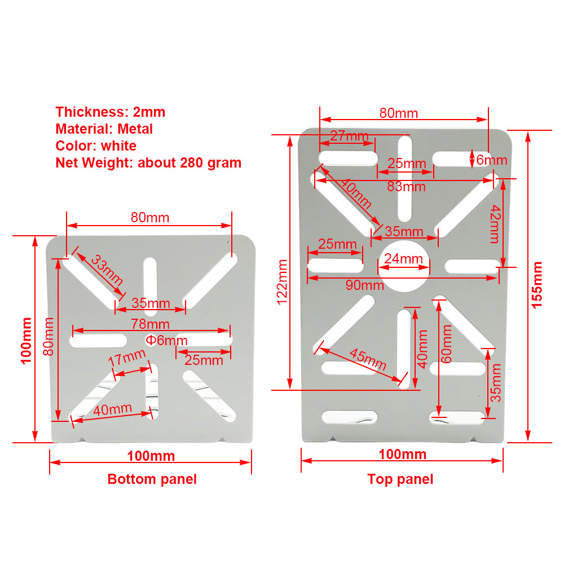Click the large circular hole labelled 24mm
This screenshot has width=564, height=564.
pos(405,267)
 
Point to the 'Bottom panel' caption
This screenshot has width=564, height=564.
pos(152,479)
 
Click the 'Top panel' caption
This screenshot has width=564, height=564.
pos(400,479)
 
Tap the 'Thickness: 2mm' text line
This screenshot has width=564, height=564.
pos(110,112)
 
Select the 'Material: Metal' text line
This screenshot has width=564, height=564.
pos(104,129)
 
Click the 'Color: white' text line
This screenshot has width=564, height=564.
pos(96,146)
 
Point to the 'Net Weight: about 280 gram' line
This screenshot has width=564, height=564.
pos(148,163)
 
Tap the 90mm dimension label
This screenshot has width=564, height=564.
pos(361,285)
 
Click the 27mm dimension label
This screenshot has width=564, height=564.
pos(349,136)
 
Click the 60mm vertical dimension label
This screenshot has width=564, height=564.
pos(447,344)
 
